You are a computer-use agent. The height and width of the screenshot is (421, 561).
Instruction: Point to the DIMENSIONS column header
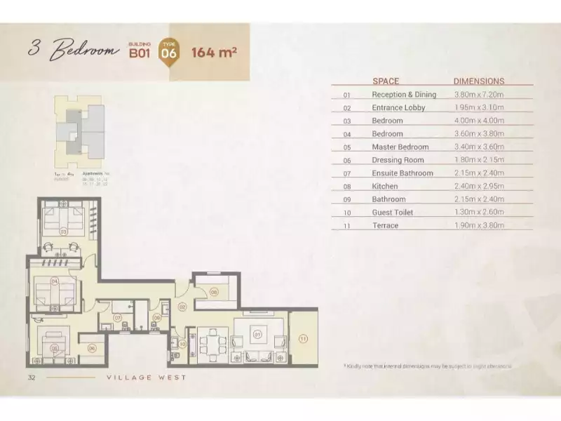tap(479, 81)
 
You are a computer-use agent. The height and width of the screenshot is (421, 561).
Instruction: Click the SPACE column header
tap(386, 81)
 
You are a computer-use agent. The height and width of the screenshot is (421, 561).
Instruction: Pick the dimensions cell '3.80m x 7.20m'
tap(479, 94)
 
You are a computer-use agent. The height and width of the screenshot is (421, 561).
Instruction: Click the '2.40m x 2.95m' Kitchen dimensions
tap(479, 186)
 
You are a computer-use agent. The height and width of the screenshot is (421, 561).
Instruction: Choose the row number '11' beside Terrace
tap(346, 225)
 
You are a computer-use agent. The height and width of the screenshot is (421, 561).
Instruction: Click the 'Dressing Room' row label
tap(398, 160)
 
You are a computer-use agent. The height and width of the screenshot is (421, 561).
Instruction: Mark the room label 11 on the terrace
tap(304, 339)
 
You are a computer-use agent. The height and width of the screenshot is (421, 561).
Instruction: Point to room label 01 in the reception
tap(257, 335)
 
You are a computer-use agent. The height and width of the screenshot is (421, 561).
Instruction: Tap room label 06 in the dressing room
tap(92, 347)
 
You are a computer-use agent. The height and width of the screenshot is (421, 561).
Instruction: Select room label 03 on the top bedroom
tap(62, 230)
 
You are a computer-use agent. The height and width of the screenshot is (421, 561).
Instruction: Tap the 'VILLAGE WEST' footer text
tap(146, 377)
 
